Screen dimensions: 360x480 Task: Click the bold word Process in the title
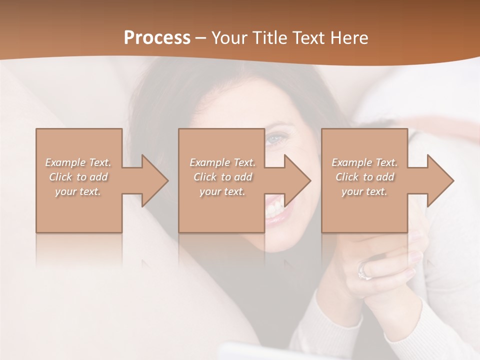coord(157,38)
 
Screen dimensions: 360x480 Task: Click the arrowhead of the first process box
coord(155,180)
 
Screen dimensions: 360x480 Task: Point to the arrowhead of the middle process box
coord(297,180)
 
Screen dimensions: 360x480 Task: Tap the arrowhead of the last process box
coord(440,180)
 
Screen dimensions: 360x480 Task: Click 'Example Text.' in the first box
coord(78,162)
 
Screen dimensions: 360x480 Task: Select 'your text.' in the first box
coord(78,191)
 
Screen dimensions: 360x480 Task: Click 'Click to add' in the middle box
coord(222,177)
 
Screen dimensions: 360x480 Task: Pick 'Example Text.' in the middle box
coord(222,162)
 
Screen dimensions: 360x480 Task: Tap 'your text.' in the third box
coord(364,191)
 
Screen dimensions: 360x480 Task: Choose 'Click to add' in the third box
coord(364,177)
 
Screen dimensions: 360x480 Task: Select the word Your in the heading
coord(228,38)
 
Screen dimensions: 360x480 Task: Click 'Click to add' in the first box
coord(78,177)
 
